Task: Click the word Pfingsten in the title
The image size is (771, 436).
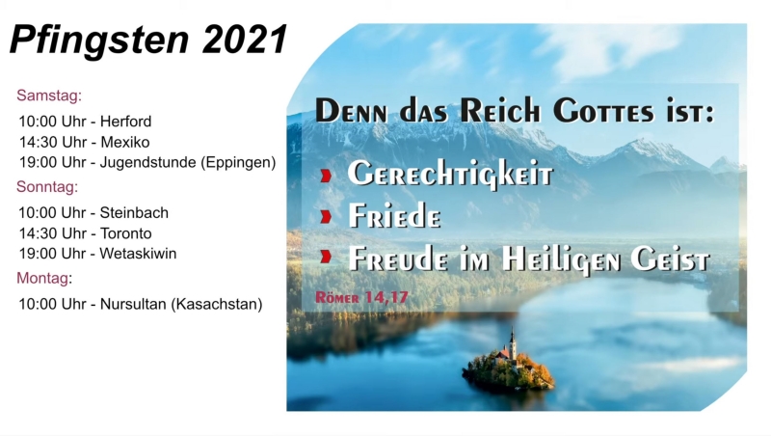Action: (x=99, y=41)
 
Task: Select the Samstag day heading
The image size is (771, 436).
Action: (x=49, y=95)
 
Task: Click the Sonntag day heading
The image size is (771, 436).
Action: (x=47, y=187)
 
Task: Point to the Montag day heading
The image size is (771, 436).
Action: (x=44, y=279)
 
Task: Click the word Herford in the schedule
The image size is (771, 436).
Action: (x=126, y=121)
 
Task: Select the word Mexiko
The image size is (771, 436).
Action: (x=125, y=142)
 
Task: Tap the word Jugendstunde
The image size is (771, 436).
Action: (x=148, y=162)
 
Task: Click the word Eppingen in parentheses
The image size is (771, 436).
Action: (x=238, y=162)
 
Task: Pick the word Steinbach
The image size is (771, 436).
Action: (x=134, y=212)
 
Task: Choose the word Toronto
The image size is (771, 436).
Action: (x=126, y=233)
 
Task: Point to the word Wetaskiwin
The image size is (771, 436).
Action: (x=138, y=254)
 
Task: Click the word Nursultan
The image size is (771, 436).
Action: (x=133, y=304)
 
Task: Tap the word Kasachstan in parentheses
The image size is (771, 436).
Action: (x=217, y=304)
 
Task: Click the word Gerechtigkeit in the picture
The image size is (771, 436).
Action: (x=450, y=175)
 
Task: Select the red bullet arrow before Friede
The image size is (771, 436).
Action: (x=326, y=216)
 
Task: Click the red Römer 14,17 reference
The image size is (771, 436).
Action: (x=361, y=297)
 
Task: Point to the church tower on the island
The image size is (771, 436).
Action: (x=513, y=344)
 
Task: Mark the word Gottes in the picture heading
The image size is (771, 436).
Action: (x=603, y=111)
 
